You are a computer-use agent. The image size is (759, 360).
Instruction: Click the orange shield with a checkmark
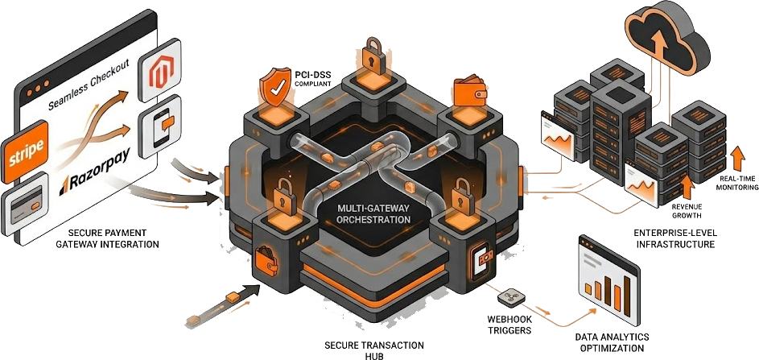pyautogui.click(x=274, y=90)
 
